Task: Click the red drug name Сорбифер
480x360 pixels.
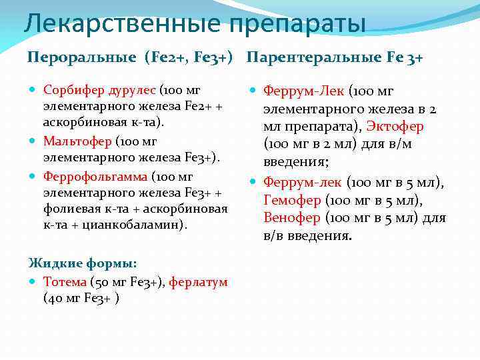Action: pos(72,90)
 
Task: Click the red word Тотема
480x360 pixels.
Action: pos(65,282)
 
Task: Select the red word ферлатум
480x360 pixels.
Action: pos(198,282)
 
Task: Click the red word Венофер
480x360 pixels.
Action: pos(292,218)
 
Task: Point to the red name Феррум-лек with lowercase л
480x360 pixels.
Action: pos(303,182)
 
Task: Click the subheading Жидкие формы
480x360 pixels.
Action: pos(83,263)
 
